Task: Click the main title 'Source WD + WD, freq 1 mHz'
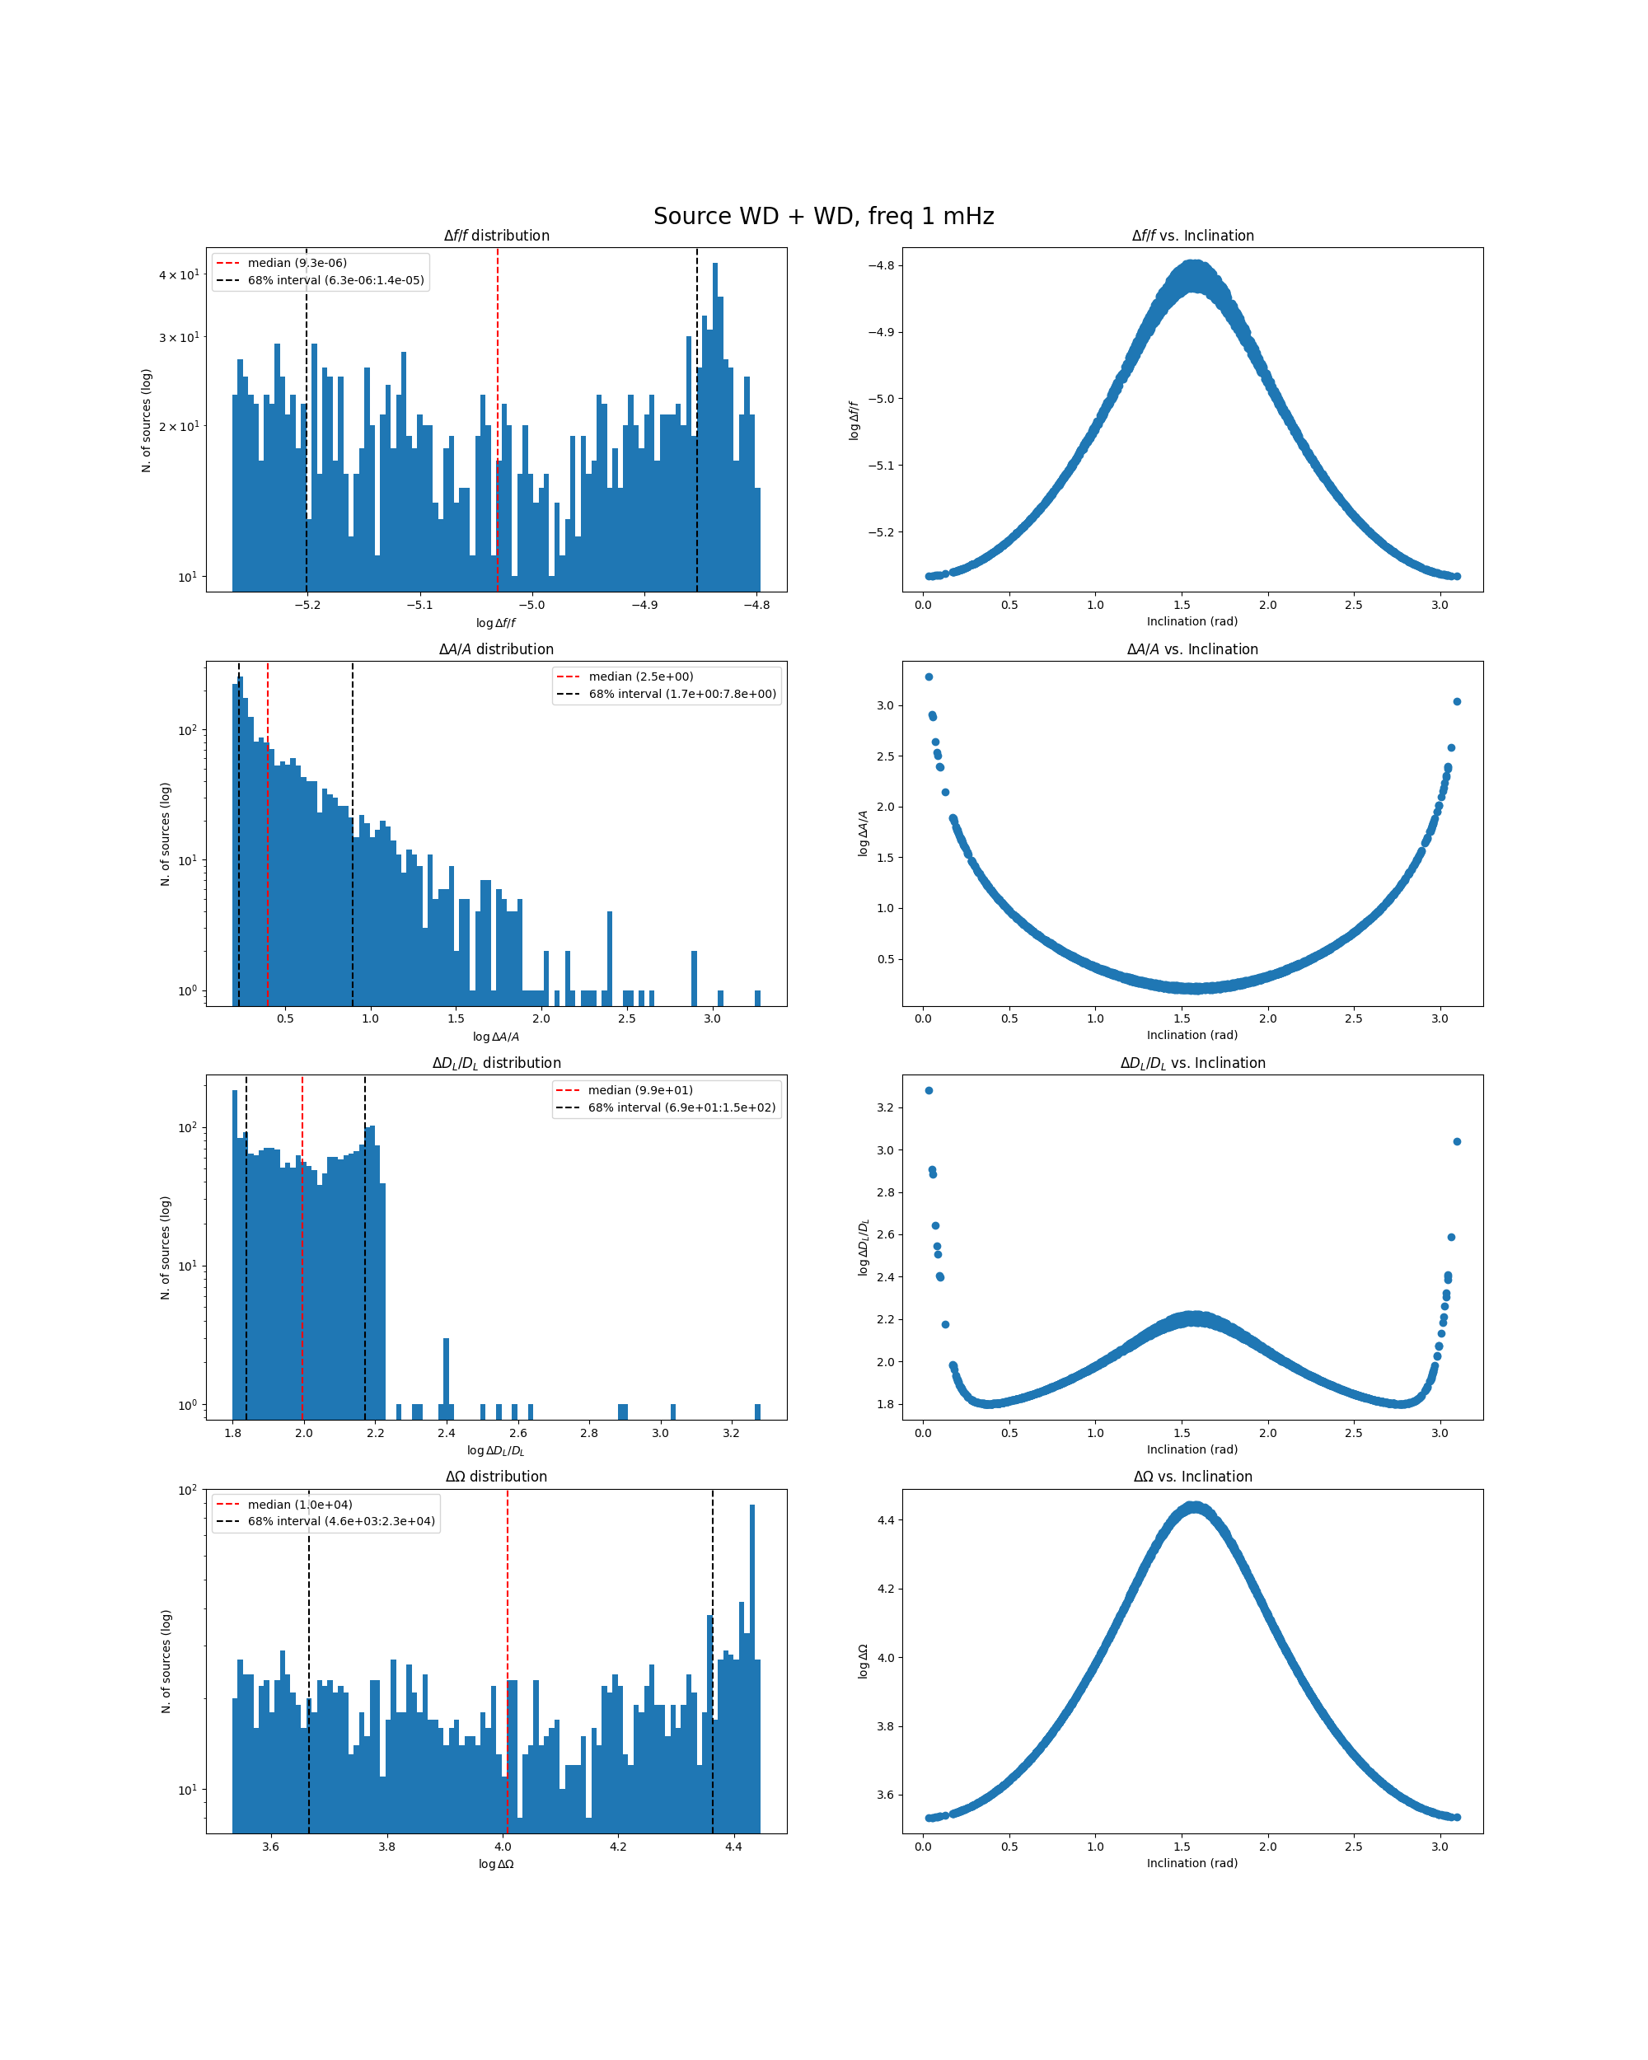pos(823,216)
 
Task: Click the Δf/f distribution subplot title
pos(496,236)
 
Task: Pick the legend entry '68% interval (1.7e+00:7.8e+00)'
pos(682,694)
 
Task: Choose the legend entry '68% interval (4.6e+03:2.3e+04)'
pos(341,1521)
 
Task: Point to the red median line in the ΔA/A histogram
pos(268,860)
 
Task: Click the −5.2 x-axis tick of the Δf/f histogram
pos(307,605)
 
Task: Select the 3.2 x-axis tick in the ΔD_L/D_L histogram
pos(731,1433)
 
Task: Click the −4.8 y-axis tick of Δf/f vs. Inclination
pos(881,265)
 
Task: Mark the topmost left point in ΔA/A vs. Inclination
pos(929,677)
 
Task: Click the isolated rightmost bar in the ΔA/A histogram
pos(757,998)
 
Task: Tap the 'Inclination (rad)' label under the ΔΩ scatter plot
pos(1192,1863)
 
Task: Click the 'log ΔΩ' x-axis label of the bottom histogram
pos(496,1864)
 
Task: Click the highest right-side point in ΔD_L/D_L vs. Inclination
pos(1457,1142)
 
